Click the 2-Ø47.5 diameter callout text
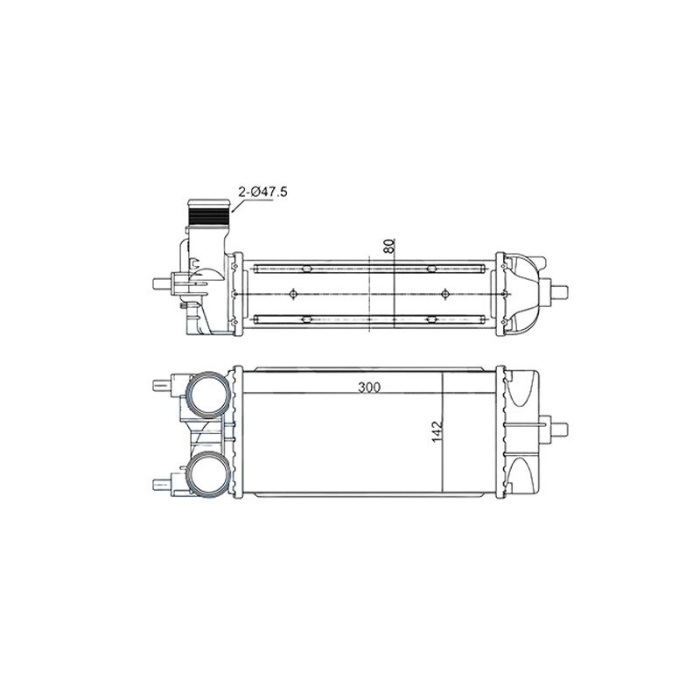[x=263, y=192]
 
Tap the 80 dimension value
[x=389, y=247]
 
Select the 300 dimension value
[x=369, y=387]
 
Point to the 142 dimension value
[x=437, y=431]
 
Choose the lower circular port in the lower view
[x=207, y=472]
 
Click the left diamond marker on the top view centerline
[x=293, y=294]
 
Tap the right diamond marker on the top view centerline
[x=444, y=294]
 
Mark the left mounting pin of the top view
[x=162, y=283]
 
